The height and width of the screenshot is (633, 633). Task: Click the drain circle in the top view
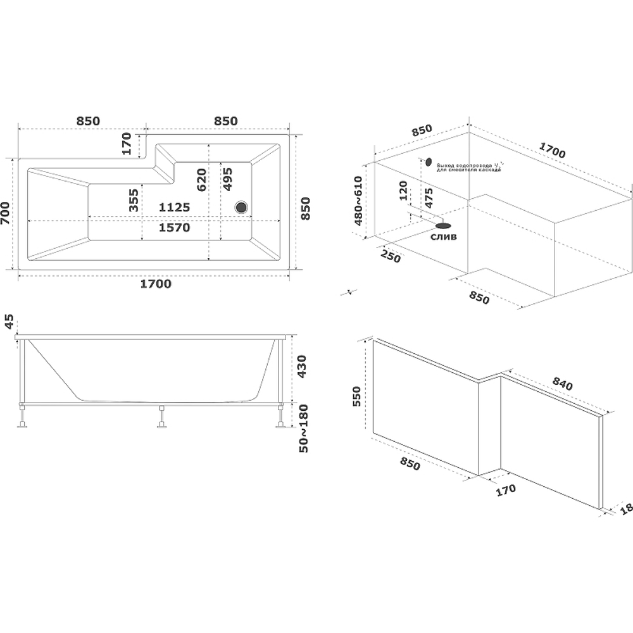(x=241, y=206)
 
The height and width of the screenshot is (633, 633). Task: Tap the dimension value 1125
(x=174, y=207)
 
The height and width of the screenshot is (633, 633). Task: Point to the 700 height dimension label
(x=7, y=214)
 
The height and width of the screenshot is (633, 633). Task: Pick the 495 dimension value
(x=227, y=179)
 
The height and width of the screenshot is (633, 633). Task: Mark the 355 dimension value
(x=134, y=200)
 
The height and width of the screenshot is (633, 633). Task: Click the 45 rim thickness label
(x=8, y=321)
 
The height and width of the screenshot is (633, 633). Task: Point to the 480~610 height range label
(x=358, y=201)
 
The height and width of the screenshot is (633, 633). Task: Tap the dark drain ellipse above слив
(x=443, y=225)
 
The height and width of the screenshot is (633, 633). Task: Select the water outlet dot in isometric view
(x=429, y=162)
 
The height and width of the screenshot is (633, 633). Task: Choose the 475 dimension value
(x=429, y=198)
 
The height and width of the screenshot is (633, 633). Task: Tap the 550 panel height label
(x=357, y=397)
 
